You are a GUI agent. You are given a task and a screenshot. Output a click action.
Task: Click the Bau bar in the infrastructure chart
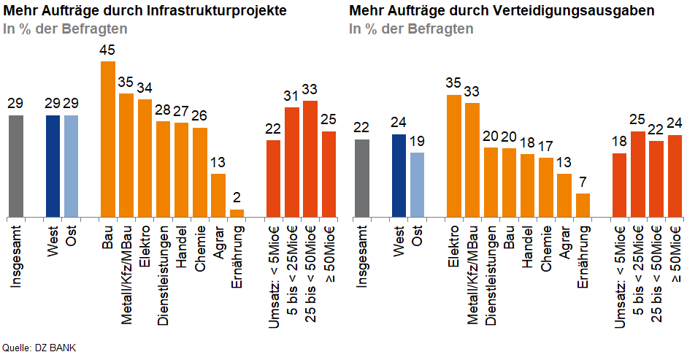pos(107,139)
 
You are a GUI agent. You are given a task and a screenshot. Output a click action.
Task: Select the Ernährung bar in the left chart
pos(237,212)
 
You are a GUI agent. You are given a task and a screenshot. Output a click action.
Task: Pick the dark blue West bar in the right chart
pos(399,175)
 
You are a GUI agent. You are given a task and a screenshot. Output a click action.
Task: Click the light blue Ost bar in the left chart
pos(71,166)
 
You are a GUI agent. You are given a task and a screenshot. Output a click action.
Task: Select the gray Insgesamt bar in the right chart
pos(361,178)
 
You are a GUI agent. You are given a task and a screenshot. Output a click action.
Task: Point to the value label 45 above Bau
pos(107,50)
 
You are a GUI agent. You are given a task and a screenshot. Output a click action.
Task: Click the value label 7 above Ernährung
pos(583,183)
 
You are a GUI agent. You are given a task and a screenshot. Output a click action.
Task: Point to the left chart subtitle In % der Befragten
pos(66,29)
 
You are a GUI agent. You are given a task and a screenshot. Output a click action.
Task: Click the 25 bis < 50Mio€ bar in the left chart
pos(310,158)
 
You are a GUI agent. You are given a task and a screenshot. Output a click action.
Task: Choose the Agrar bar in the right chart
pos(564,195)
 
